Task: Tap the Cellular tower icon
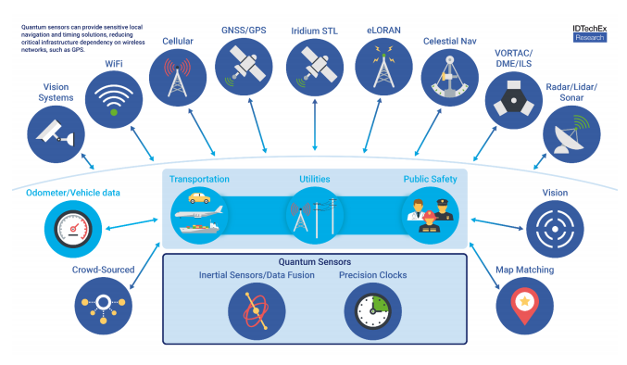[x=177, y=76]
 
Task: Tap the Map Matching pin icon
[x=524, y=304]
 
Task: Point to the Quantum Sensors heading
[x=314, y=262]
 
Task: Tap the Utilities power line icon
[x=314, y=215]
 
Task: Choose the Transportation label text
[x=198, y=178]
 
